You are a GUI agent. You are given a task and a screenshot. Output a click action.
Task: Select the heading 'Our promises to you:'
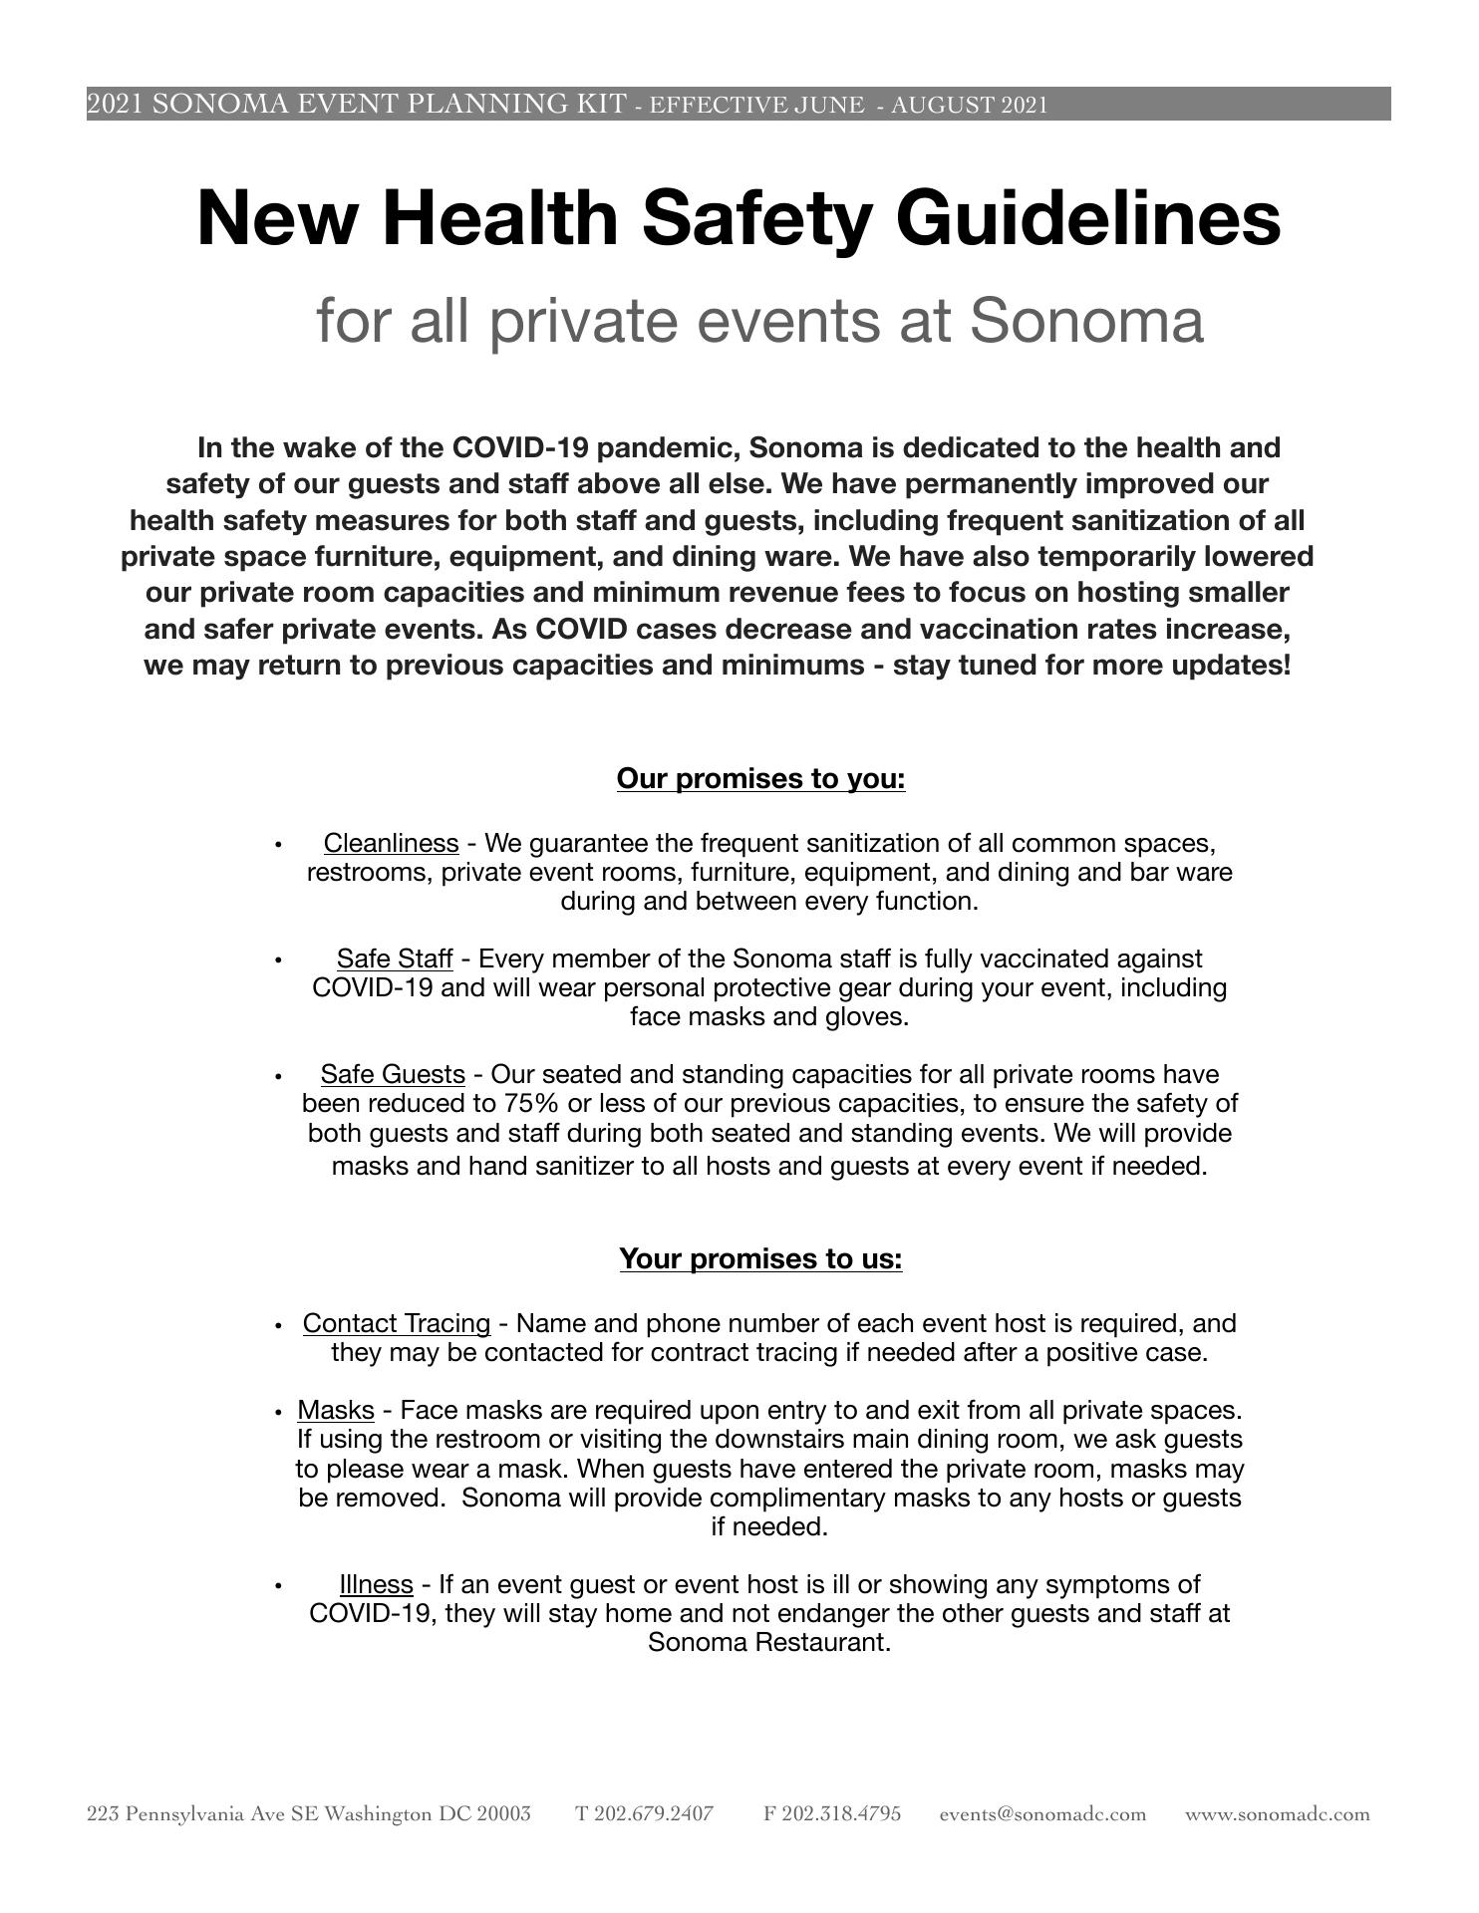[760, 778]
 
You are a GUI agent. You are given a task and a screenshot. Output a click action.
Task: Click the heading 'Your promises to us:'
[760, 1258]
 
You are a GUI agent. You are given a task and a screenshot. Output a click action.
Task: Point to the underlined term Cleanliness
[391, 843]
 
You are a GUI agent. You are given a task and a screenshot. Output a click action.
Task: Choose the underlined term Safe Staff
[395, 958]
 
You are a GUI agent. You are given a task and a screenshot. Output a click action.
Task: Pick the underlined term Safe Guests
[393, 1074]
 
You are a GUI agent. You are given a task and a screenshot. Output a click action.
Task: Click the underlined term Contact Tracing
[397, 1323]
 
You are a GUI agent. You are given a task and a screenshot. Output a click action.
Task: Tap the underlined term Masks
[336, 1410]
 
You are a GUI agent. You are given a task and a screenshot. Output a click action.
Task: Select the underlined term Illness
[376, 1584]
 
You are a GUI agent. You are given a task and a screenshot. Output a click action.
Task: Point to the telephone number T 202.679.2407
[644, 1813]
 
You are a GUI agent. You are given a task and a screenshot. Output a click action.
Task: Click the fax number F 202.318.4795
[832, 1813]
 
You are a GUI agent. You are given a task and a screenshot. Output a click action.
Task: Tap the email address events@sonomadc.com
[1042, 1813]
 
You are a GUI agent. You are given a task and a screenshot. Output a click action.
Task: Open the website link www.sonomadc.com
[1277, 1813]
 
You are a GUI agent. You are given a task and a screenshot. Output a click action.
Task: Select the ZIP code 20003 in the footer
[503, 1813]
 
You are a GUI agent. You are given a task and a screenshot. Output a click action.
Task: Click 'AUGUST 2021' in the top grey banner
[968, 105]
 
